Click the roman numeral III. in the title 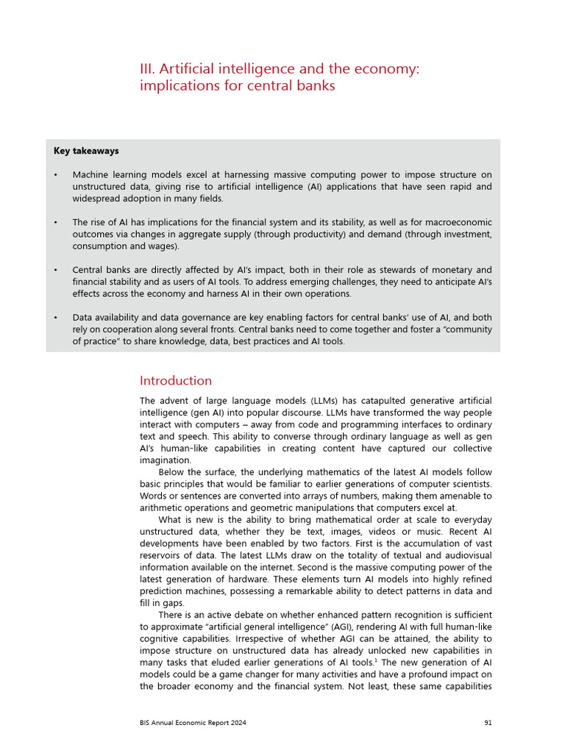point(147,69)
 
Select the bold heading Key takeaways point(86,151)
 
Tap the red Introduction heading point(175,380)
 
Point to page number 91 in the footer point(488,723)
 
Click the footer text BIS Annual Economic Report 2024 point(193,723)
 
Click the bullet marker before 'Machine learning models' point(56,175)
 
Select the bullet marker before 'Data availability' point(56,318)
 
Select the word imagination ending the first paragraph point(165,460)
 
